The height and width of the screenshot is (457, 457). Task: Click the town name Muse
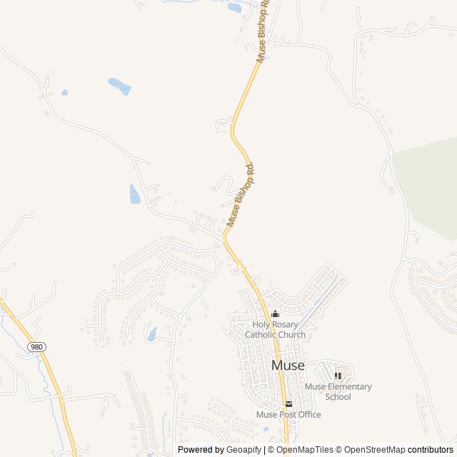coord(288,366)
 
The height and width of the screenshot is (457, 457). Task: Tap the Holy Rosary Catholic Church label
coord(275,329)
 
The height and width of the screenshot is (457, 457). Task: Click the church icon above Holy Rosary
coord(275,313)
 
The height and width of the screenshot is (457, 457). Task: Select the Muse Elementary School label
coord(338,392)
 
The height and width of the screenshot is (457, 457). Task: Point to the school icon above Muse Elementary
coord(338,376)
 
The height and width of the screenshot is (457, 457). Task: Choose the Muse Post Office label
coord(288,415)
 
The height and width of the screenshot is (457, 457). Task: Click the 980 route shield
coord(36,346)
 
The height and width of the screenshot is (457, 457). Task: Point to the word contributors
coord(431,450)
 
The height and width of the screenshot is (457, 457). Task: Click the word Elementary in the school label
coord(349,387)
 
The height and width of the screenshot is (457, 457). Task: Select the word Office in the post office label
coord(308,415)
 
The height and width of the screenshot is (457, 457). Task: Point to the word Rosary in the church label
coord(285,324)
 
